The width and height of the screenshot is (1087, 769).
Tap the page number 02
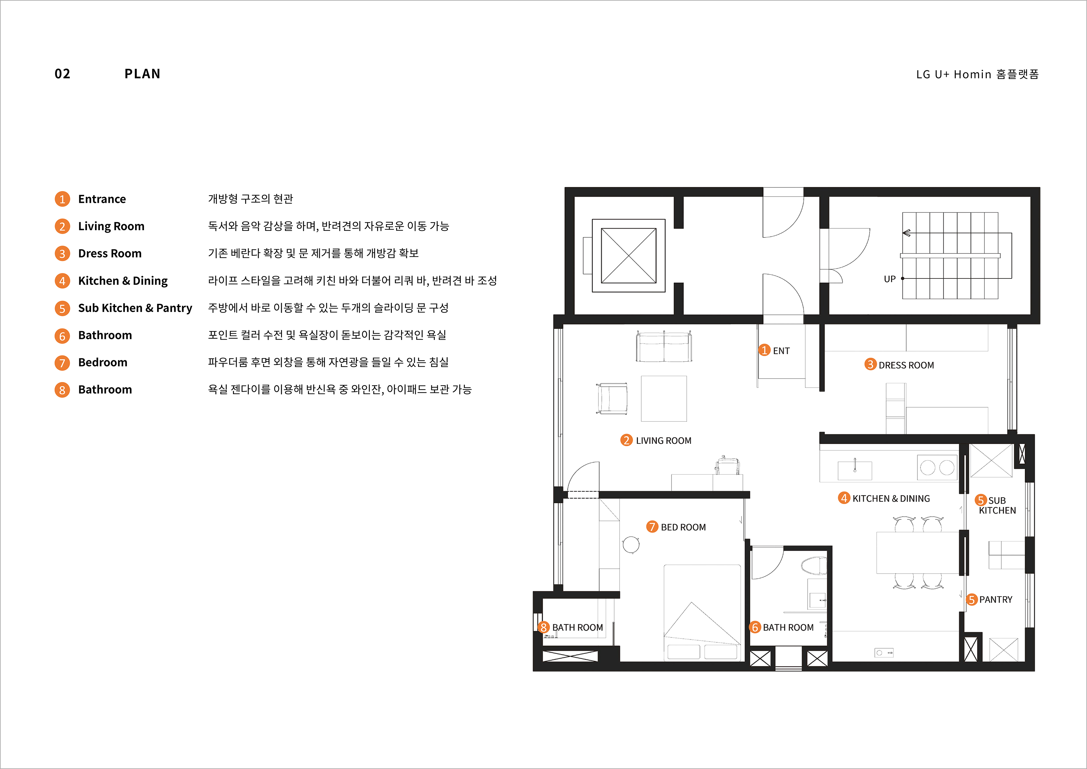(62, 74)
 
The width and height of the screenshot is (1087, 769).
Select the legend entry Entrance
(102, 199)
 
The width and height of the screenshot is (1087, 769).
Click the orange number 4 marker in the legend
(62, 281)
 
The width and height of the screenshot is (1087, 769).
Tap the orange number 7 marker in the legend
(62, 363)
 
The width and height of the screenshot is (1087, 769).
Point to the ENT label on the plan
(781, 351)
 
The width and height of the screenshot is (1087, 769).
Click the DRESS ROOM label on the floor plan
(906, 365)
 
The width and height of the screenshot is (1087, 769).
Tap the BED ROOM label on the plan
(683, 527)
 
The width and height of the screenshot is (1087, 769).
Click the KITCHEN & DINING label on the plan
(891, 499)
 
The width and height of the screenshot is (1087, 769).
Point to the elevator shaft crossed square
(629, 256)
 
